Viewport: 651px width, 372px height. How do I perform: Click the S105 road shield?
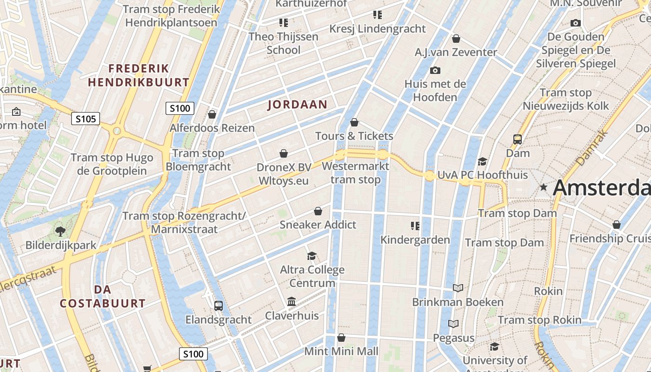pyautogui.click(x=86, y=119)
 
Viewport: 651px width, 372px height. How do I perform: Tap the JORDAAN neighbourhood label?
pyautogui.click(x=298, y=105)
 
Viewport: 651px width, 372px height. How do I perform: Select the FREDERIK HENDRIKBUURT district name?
pyautogui.click(x=139, y=75)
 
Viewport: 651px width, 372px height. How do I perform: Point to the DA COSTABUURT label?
pyautogui.click(x=103, y=297)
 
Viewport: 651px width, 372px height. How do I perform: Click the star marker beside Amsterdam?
pyautogui.click(x=543, y=187)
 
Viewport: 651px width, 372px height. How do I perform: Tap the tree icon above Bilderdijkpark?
pyautogui.click(x=60, y=231)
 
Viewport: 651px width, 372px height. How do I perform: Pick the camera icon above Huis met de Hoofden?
pyautogui.click(x=435, y=71)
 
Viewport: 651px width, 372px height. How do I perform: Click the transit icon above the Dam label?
pyautogui.click(x=518, y=139)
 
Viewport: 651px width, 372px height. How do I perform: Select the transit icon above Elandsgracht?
pyautogui.click(x=218, y=306)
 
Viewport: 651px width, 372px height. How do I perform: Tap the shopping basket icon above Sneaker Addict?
pyautogui.click(x=318, y=212)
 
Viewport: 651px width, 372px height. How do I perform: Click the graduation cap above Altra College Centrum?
pyautogui.click(x=312, y=256)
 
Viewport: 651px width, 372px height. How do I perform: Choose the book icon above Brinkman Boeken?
pyautogui.click(x=458, y=288)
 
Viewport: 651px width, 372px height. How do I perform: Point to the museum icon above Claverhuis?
pyautogui.click(x=292, y=302)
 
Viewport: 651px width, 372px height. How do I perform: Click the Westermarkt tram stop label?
pyautogui.click(x=355, y=173)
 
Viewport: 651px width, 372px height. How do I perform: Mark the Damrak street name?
pyautogui.click(x=591, y=148)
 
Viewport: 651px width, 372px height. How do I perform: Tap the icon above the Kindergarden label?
pyautogui.click(x=415, y=226)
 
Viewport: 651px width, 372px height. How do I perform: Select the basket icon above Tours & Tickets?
pyautogui.click(x=354, y=123)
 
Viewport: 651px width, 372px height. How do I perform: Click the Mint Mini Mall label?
pyautogui.click(x=341, y=351)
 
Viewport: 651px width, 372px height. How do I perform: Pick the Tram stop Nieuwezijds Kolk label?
pyautogui.click(x=565, y=99)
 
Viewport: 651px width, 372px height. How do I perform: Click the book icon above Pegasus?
pyautogui.click(x=453, y=324)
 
